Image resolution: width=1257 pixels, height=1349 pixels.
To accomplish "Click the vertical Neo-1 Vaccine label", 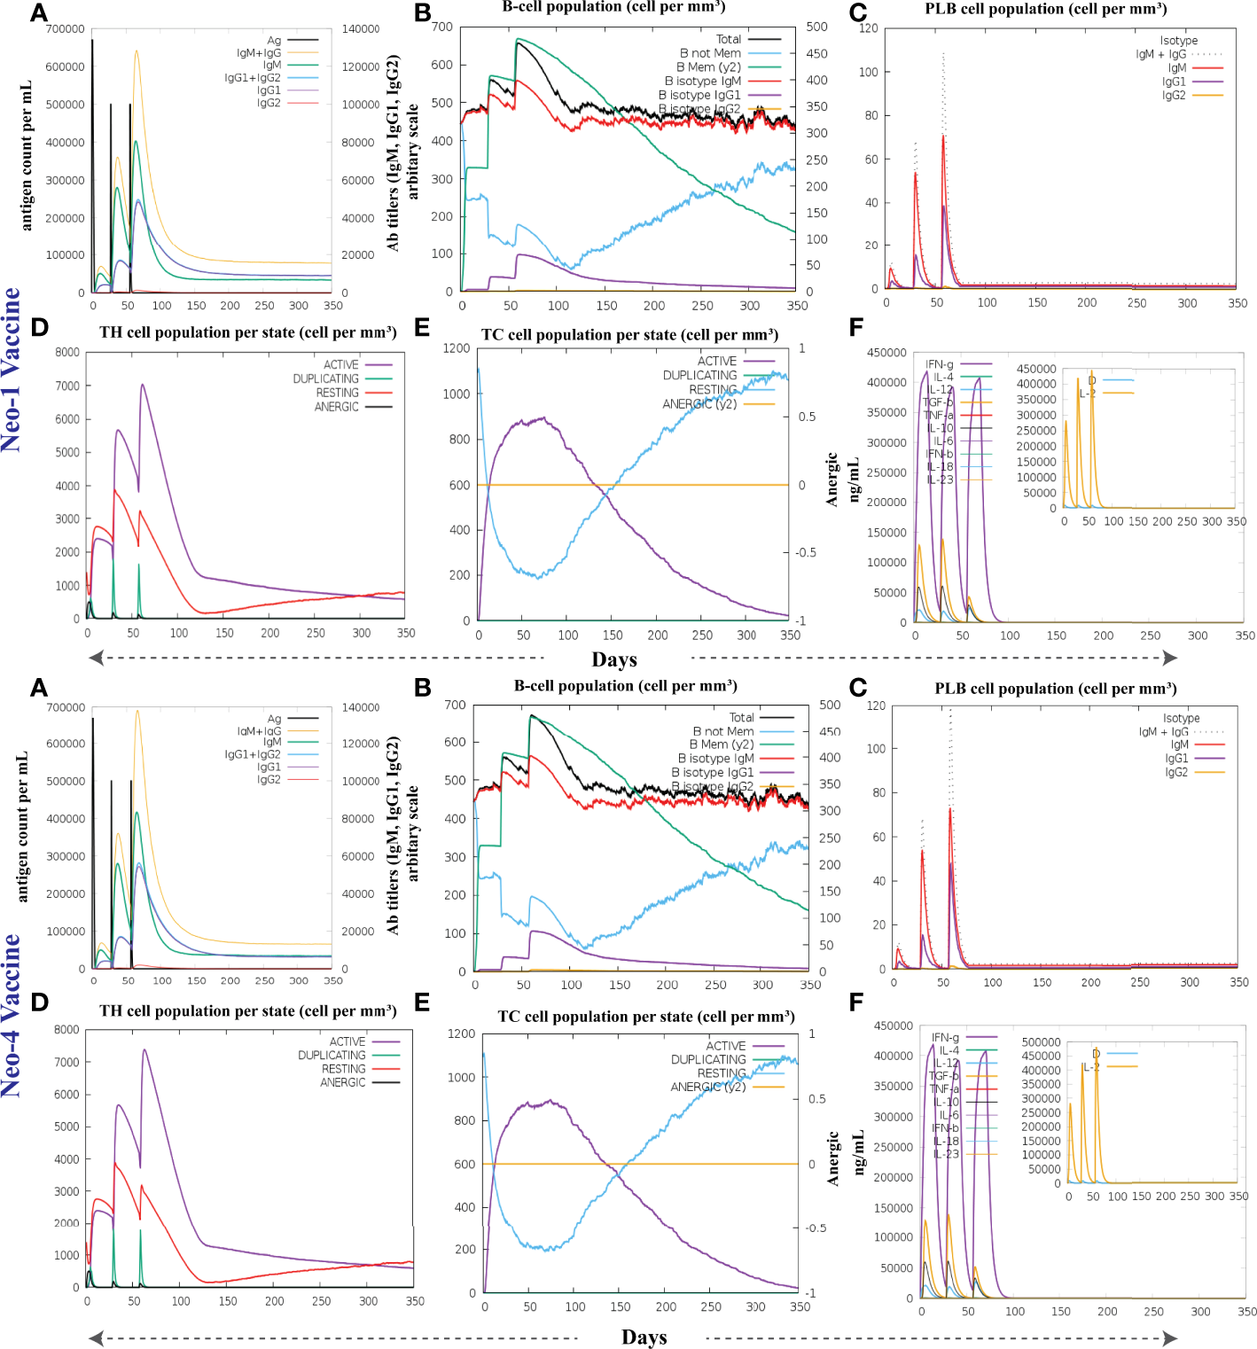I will coord(12,370).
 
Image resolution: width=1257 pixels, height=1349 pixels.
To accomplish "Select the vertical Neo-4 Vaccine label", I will coord(12,1016).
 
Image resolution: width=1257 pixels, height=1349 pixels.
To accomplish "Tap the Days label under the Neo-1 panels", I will coord(614,659).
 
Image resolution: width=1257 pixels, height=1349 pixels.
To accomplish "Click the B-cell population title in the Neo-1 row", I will coord(613,8).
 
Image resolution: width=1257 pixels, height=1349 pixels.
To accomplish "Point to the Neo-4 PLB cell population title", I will coord(1056,689).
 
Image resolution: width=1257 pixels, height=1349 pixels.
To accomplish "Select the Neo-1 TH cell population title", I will coord(247,332).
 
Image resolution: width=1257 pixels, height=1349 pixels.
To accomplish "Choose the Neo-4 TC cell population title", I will coord(645,1017).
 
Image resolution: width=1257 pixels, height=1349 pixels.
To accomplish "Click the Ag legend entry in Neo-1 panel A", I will coord(274,41).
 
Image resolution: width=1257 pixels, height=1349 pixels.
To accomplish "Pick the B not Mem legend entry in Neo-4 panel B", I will coord(722,731).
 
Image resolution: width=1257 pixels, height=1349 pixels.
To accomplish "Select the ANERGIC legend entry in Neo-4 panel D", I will coord(342,1082).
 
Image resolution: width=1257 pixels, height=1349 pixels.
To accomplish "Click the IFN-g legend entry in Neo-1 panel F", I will coord(940,364).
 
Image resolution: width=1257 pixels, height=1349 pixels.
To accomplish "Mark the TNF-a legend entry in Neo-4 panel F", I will coord(943,1088).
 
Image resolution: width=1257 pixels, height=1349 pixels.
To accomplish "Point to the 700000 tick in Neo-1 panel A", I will coord(65,29).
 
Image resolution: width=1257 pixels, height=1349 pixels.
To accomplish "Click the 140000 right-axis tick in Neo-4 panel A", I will coord(361,708).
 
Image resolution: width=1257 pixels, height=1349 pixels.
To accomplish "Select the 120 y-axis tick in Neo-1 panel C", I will coord(869,28).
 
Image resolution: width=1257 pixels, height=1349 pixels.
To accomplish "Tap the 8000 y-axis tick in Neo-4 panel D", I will coord(67,1030).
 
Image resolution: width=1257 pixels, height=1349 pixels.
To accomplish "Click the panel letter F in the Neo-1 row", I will coord(855,328).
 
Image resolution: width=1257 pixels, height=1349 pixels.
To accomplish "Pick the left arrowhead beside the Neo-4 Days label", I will coord(97,1337).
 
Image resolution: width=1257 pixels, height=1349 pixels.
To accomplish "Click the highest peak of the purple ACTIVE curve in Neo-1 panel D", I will coord(142,385).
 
